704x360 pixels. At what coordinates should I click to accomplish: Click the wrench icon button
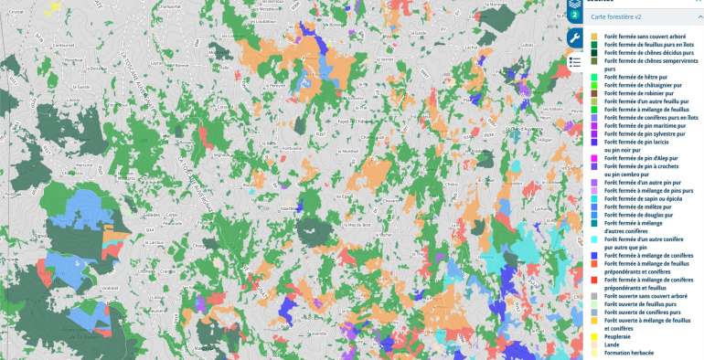pos(575,37)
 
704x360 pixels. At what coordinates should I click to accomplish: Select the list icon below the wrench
pos(575,62)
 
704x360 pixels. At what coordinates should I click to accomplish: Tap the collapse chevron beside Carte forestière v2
pos(698,16)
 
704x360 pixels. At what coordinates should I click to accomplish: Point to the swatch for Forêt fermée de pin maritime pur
pos(594,126)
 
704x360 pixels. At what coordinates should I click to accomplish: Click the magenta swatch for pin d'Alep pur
pos(594,158)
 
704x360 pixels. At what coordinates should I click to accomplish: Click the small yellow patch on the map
pos(54,6)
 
